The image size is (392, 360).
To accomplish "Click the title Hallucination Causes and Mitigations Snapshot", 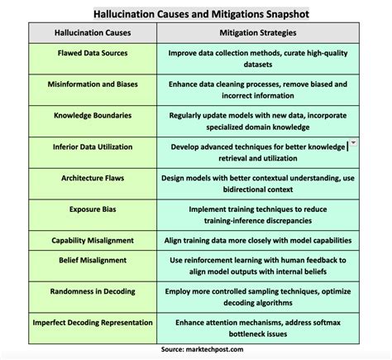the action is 196,14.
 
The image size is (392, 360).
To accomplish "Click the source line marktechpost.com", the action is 196,350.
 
